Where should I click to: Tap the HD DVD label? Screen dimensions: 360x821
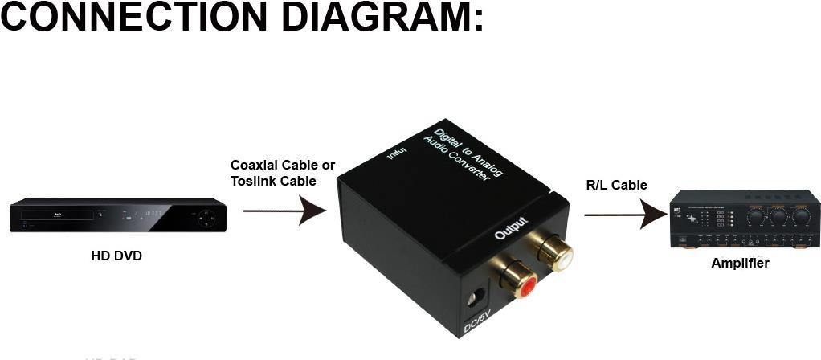point(117,257)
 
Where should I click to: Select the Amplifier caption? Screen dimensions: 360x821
point(740,263)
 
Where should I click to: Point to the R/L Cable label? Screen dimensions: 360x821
point(617,185)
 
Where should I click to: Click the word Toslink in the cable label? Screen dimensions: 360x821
point(255,181)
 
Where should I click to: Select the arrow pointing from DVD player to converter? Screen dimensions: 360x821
point(284,211)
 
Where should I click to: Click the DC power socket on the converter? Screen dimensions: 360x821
point(480,295)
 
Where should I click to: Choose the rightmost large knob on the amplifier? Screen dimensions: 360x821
point(800,216)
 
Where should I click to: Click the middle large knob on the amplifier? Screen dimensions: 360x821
point(778,216)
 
